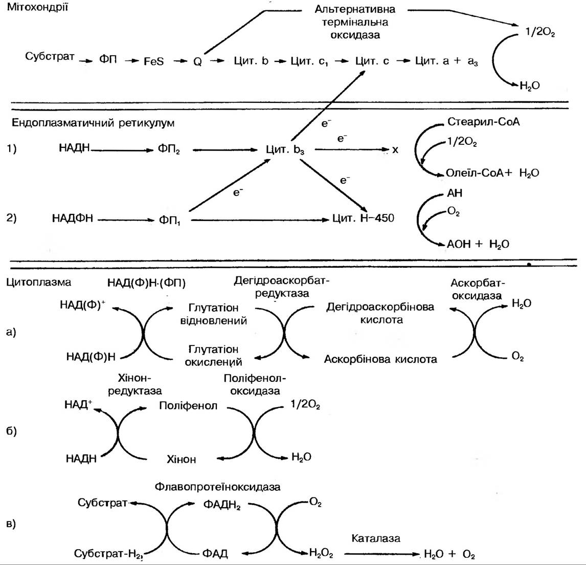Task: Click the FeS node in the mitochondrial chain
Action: pos(153,61)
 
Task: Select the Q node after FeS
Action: pos(197,61)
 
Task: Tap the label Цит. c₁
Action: pos(309,61)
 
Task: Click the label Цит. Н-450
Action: pos(363,219)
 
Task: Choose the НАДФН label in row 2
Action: pos(73,219)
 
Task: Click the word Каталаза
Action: pos(376,538)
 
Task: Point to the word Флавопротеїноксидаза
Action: pos(217,487)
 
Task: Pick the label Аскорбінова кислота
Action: pos(380,359)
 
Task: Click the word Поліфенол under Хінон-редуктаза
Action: pos(188,406)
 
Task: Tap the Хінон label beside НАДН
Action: pos(181,459)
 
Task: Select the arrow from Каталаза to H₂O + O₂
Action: pos(381,553)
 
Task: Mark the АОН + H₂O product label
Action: pos(478,245)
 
